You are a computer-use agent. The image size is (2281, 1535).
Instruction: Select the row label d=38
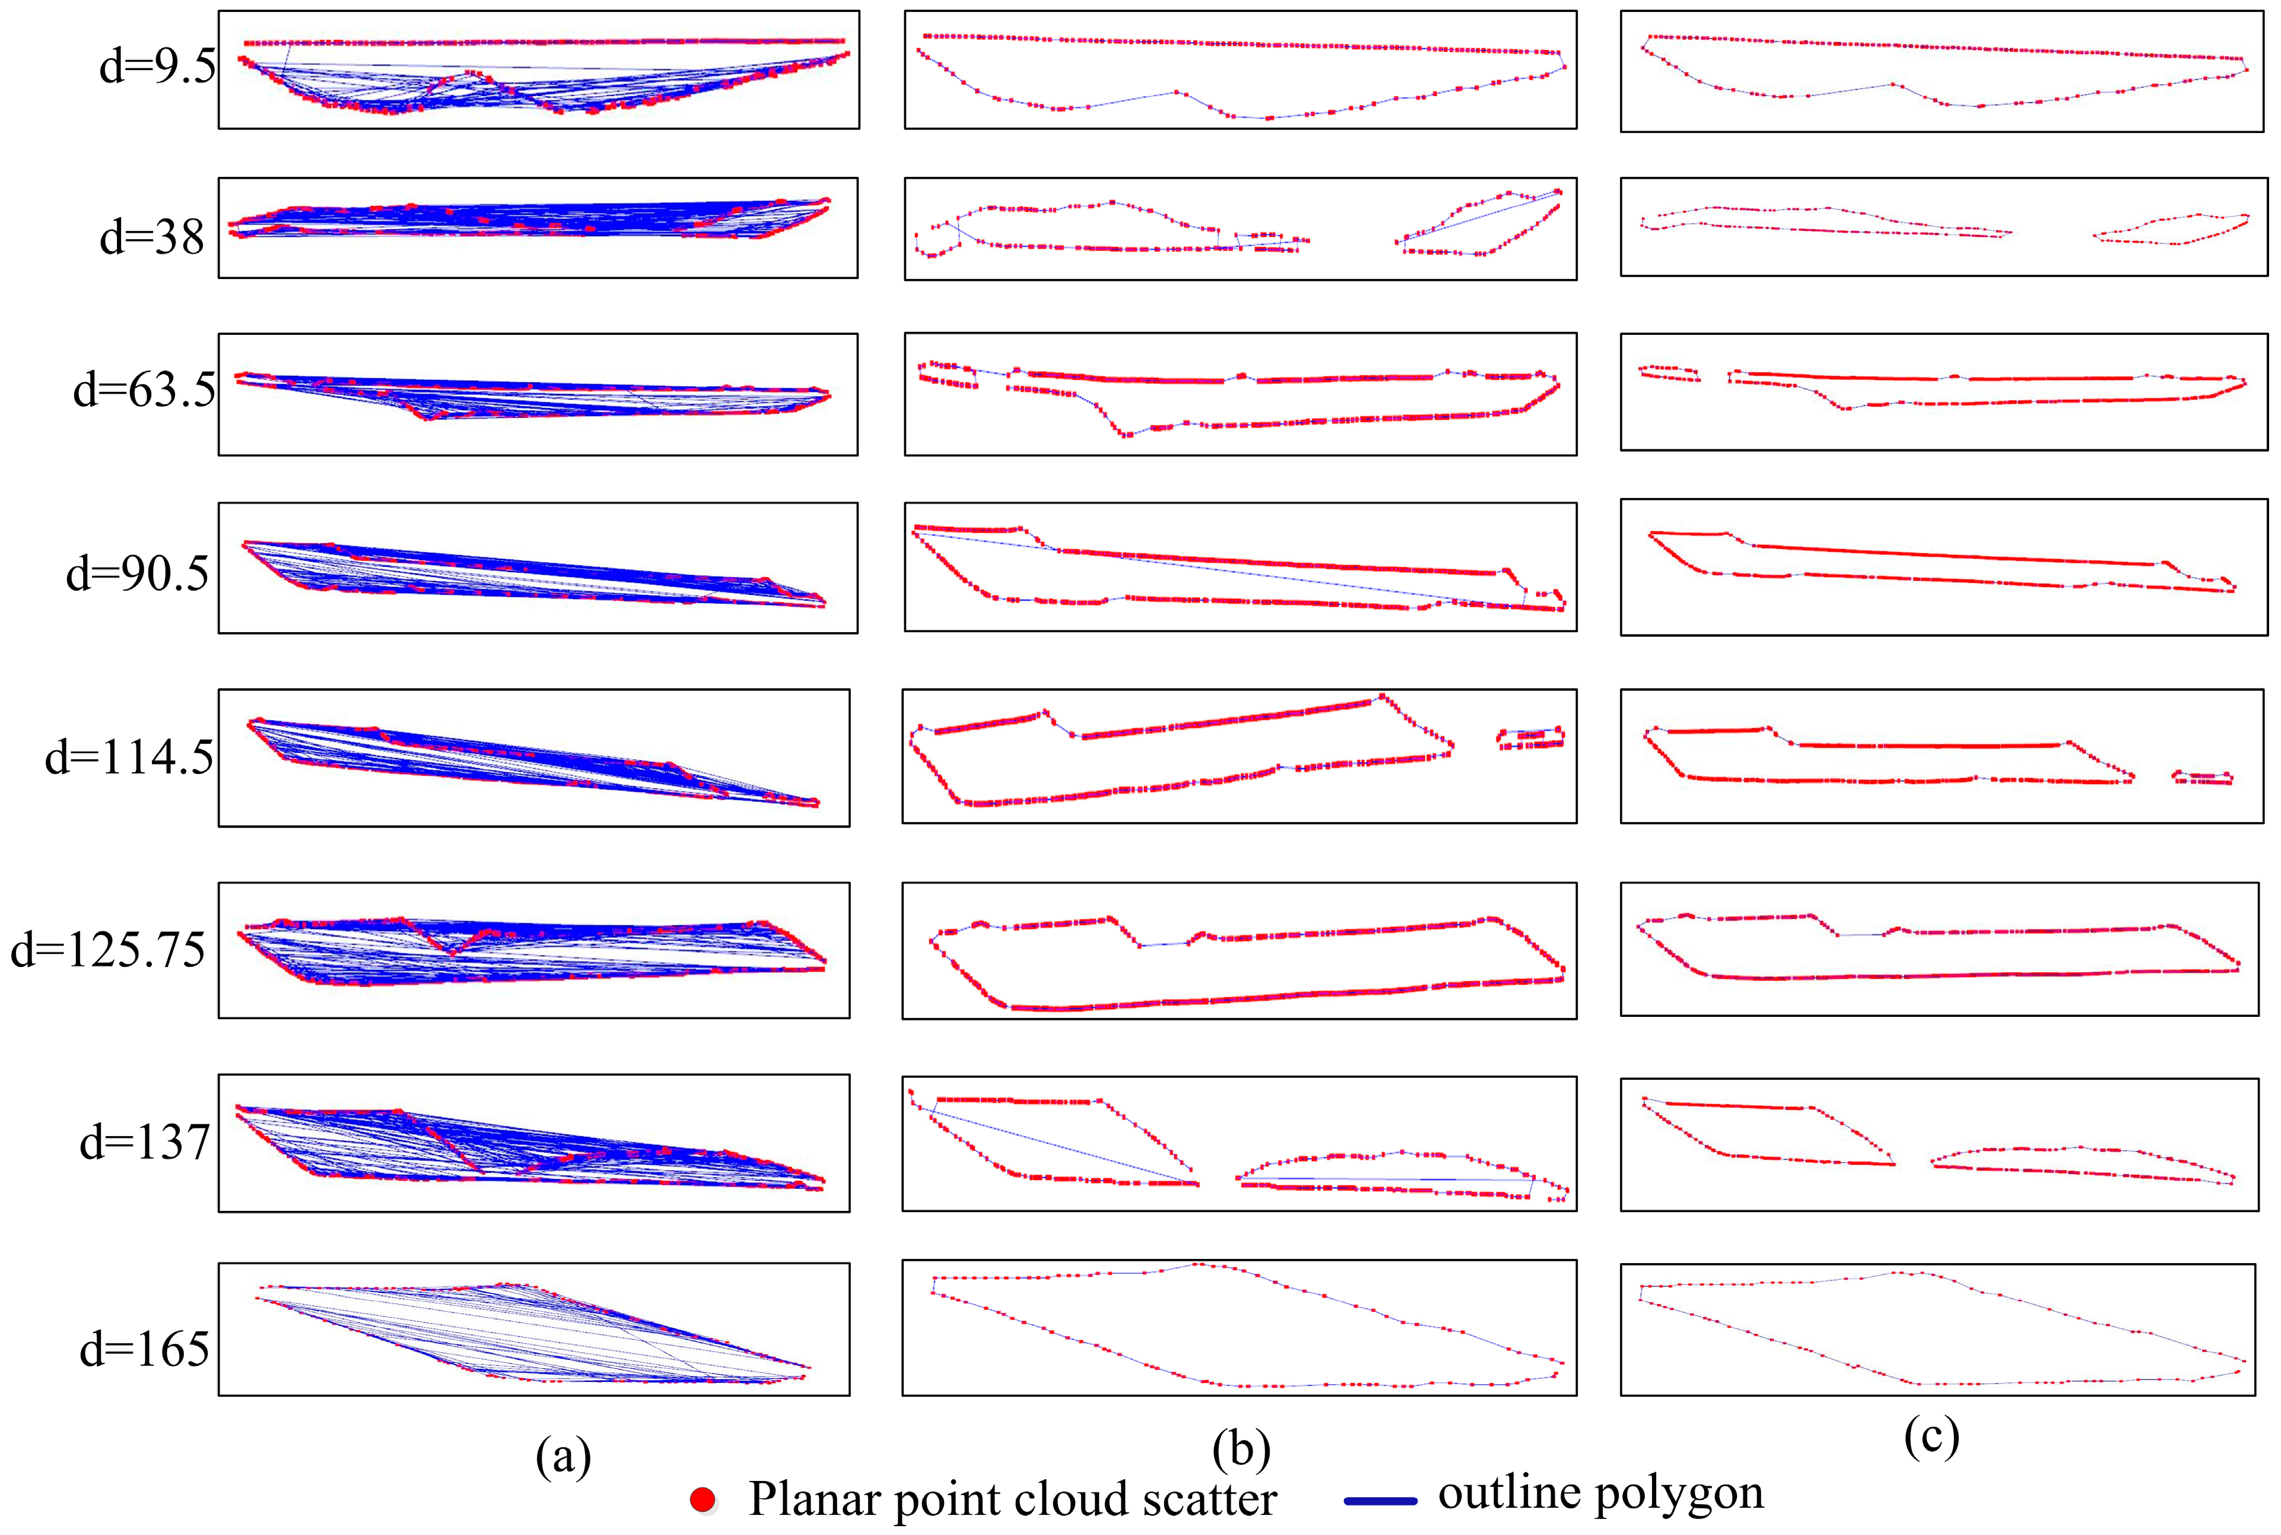pyautogui.click(x=152, y=237)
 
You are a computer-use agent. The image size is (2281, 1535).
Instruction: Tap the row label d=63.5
pyautogui.click(x=144, y=389)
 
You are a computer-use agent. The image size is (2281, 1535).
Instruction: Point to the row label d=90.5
pyautogui.click(x=137, y=573)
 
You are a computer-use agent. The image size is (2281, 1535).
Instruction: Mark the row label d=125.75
pyautogui.click(x=107, y=950)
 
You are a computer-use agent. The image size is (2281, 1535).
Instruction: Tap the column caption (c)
pyautogui.click(x=1931, y=1435)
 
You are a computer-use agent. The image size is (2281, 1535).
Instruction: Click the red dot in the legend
pyautogui.click(x=703, y=1499)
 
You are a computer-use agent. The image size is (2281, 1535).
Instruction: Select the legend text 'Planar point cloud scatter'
pyautogui.click(x=1012, y=1499)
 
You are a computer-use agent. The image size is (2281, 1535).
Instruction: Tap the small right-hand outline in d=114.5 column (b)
pyautogui.click(x=1530, y=738)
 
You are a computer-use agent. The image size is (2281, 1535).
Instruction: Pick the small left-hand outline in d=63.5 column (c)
pyautogui.click(x=1669, y=373)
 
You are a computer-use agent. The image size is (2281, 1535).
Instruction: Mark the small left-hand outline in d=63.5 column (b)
pyautogui.click(x=947, y=375)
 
